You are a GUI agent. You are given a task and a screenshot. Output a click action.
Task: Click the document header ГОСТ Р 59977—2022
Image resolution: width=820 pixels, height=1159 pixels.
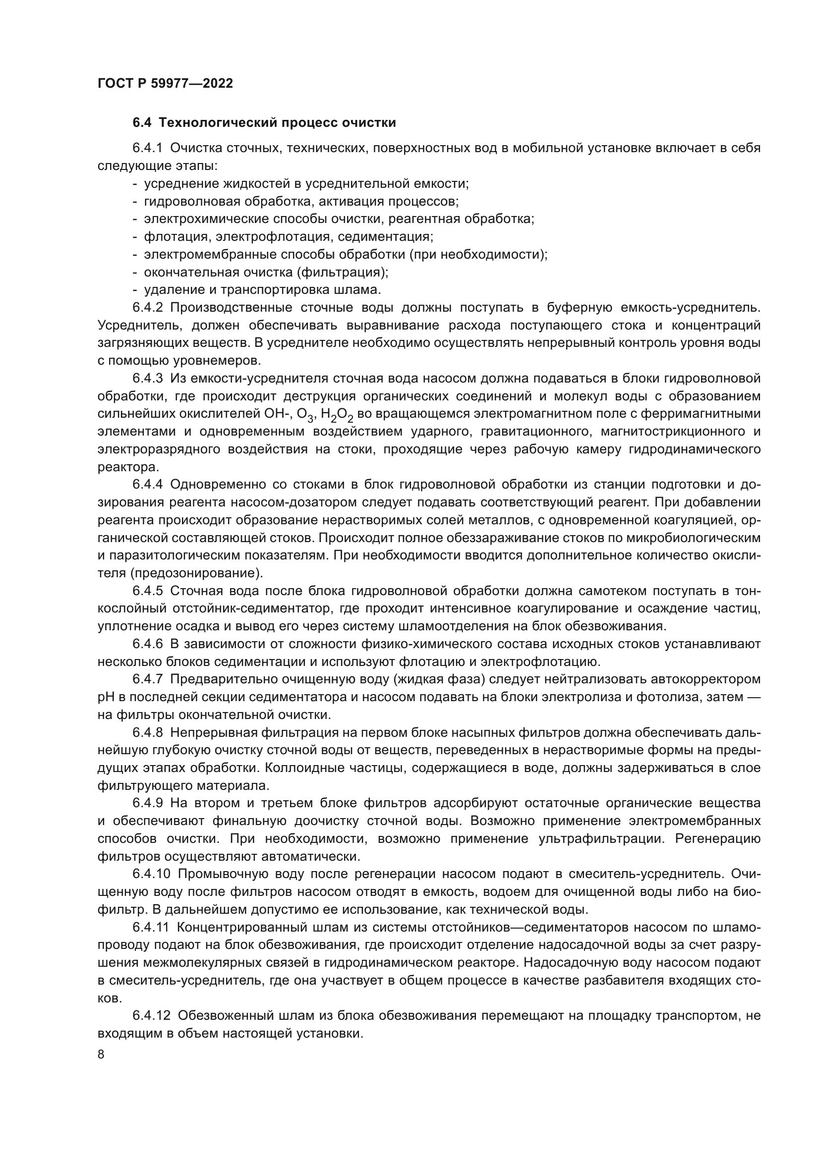165,84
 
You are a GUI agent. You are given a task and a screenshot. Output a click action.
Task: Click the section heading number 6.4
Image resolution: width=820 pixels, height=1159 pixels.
142,123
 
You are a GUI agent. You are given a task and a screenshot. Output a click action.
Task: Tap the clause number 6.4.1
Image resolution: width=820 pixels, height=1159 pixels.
147,149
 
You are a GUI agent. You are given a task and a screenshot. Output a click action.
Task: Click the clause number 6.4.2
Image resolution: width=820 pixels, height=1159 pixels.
147,308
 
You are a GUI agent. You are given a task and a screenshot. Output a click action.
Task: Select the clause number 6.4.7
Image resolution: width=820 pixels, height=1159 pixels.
147,679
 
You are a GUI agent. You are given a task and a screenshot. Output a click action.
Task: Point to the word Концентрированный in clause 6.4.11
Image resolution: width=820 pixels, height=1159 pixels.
243,927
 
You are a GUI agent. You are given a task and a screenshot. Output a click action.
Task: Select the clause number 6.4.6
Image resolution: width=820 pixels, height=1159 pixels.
147,644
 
